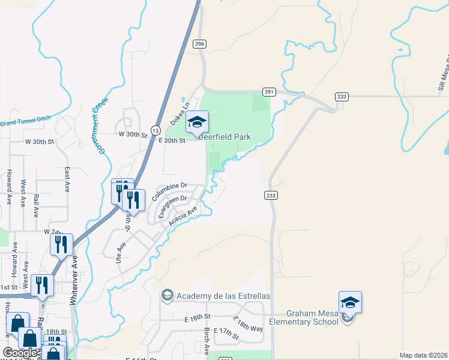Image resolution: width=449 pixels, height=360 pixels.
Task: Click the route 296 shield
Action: click(x=200, y=44)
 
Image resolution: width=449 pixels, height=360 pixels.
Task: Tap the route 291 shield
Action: click(x=269, y=92)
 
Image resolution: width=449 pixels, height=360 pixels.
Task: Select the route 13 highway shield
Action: click(x=155, y=130)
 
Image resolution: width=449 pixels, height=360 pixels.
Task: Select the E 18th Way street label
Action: click(x=247, y=324)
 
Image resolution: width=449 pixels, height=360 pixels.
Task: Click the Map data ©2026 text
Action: click(x=423, y=355)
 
